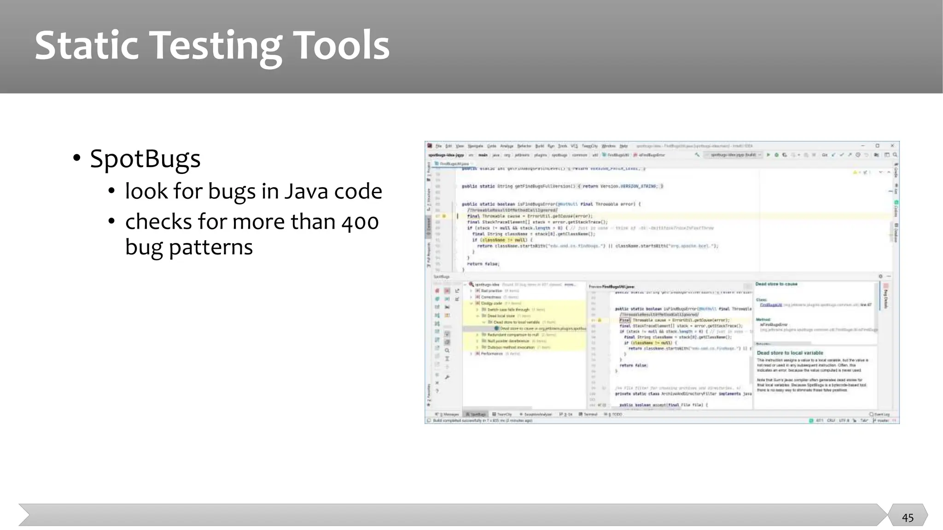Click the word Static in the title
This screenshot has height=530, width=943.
coord(87,46)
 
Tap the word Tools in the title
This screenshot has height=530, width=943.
coord(341,46)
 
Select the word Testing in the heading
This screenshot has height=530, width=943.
coord(215,46)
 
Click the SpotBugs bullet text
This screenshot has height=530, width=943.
coord(145,159)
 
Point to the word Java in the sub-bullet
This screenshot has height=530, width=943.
coord(305,191)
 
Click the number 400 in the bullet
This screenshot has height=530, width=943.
coord(360,222)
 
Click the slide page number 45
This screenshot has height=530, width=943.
coord(908,518)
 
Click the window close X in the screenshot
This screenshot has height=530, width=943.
coord(892,146)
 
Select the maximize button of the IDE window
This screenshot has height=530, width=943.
coord(877,146)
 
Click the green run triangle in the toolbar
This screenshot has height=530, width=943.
coord(768,155)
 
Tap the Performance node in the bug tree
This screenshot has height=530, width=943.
coord(492,354)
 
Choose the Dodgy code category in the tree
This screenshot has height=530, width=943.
coord(491,303)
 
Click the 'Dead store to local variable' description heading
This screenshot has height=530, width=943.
coord(790,353)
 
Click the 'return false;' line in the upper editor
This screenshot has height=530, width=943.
coord(483,264)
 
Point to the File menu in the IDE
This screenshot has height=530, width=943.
coord(439,146)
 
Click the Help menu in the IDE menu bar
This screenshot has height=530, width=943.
coord(623,146)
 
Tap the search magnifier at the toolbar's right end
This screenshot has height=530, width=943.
coord(895,155)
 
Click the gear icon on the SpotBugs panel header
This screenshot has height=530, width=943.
coord(880,277)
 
